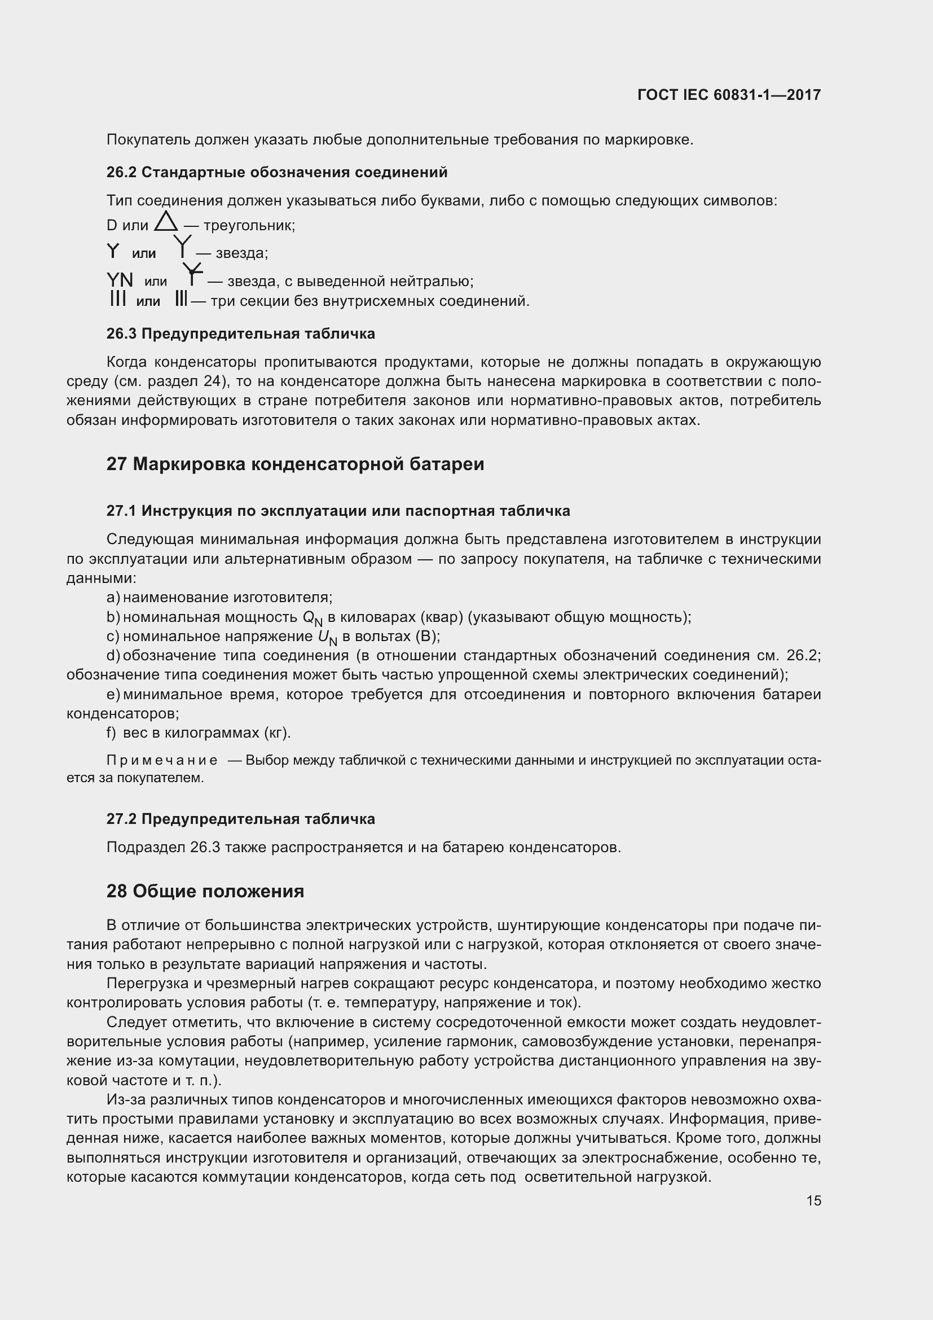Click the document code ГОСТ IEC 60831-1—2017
tap(728, 95)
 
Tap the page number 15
tap(813, 1200)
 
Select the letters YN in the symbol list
tap(120, 280)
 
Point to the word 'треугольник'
tap(249, 225)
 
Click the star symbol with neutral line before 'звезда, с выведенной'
tap(192, 275)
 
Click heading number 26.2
tap(121, 173)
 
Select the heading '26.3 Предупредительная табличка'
tap(240, 334)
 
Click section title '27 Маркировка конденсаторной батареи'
tap(294, 464)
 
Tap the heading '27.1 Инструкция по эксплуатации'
tap(338, 511)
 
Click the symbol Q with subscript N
tap(313, 618)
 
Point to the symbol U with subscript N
tap(327, 638)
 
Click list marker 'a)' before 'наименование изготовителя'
tap(113, 597)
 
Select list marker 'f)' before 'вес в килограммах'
tap(112, 733)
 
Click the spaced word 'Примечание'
tap(162, 761)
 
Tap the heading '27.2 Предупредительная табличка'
tap(240, 819)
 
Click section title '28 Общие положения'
tap(205, 891)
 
